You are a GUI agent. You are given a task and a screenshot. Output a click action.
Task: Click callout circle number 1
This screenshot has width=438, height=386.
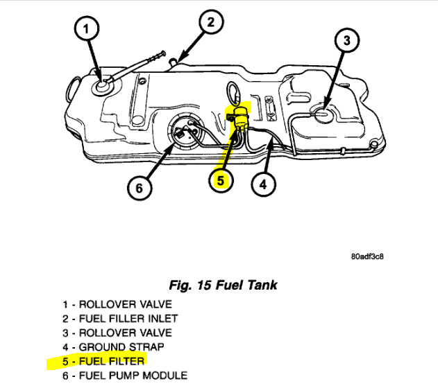[x=87, y=30]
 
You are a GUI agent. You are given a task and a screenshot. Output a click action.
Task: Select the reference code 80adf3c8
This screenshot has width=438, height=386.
[x=368, y=256]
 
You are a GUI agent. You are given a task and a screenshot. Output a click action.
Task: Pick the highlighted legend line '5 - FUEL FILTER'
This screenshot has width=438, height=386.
[x=106, y=361]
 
